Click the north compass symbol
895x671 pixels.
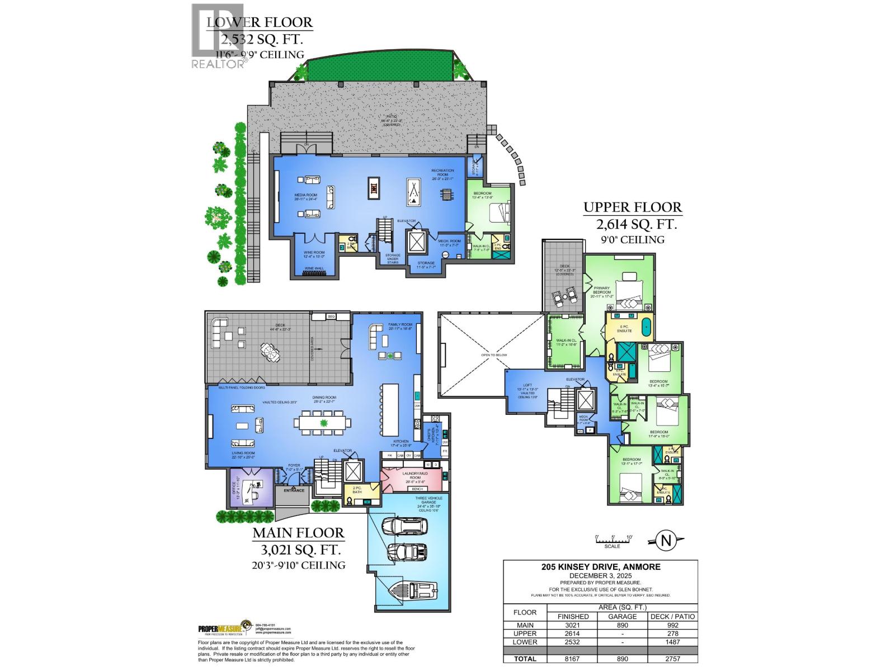666,540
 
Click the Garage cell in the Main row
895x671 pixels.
623,625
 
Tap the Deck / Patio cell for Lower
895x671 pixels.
672,642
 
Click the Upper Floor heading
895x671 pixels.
633,207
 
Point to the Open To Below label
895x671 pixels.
493,355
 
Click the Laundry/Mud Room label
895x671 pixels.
414,476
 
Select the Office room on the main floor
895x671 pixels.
252,488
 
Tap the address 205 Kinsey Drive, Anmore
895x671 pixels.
601,566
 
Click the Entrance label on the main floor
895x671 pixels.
294,490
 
